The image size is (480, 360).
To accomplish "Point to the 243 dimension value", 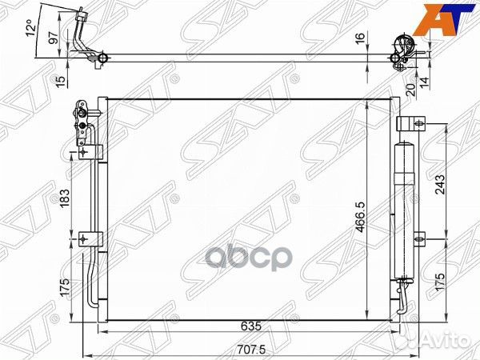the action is tap(440, 185).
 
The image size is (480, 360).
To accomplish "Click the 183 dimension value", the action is tap(65, 198).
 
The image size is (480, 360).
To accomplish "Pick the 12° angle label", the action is tap(30, 28).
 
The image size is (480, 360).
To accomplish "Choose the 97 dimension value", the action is tap(54, 38).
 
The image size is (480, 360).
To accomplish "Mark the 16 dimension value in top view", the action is tap(361, 38).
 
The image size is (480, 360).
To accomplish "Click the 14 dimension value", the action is tap(425, 82).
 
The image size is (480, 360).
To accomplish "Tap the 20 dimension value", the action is tap(412, 90).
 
